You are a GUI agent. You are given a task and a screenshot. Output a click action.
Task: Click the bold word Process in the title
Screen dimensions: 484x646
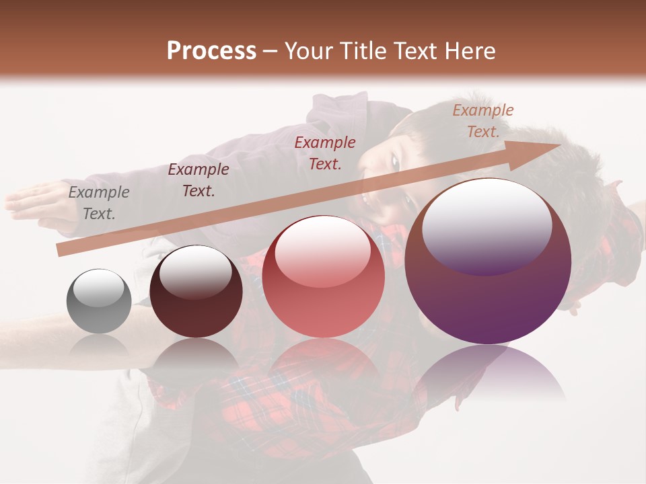[x=211, y=51]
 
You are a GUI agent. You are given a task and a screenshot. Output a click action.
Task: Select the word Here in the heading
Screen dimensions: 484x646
[x=470, y=51]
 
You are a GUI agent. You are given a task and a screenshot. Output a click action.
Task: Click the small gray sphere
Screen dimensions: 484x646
[x=99, y=301]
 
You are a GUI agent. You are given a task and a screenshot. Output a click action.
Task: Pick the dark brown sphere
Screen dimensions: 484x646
[x=196, y=292]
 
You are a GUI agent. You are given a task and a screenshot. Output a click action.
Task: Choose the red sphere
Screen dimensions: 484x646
[x=323, y=277]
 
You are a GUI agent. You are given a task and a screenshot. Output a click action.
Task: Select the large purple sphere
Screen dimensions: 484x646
[x=488, y=262]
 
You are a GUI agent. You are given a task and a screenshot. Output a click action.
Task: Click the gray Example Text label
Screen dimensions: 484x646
[x=99, y=203]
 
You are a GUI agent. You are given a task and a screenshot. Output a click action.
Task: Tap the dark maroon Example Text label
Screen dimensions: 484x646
[x=199, y=179]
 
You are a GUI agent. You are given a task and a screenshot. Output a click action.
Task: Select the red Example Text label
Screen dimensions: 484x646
[x=325, y=153]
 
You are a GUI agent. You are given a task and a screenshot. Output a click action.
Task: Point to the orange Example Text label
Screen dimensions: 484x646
[x=483, y=121]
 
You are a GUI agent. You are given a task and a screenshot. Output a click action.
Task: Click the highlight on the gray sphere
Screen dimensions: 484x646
[x=98, y=288]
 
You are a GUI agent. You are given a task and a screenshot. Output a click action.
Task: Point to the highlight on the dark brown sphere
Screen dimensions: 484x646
[x=194, y=272]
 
